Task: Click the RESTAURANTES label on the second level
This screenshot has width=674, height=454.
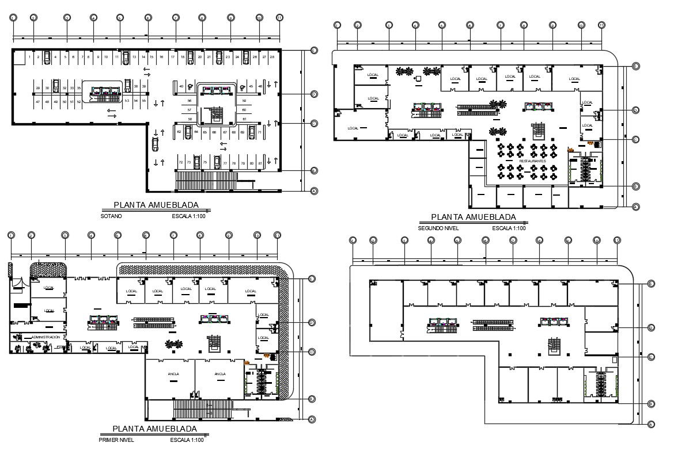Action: [532, 161]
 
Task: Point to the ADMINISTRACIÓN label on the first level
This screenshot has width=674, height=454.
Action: [46, 337]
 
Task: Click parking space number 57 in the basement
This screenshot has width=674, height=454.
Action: [189, 109]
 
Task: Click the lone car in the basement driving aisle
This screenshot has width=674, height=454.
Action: [155, 143]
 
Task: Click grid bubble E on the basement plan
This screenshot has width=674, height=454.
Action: [314, 51]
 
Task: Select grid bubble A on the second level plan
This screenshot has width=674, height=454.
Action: [635, 207]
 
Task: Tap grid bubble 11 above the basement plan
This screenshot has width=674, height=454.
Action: [279, 18]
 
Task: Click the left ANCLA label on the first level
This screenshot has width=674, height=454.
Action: [173, 374]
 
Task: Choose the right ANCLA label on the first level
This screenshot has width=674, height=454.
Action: [220, 374]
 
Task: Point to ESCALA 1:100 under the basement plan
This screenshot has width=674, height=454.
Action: [188, 217]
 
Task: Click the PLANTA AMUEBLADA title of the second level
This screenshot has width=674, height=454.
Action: [474, 217]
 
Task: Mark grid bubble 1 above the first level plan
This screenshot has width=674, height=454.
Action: [10, 235]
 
